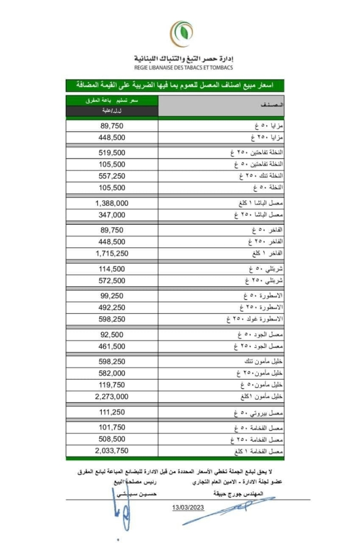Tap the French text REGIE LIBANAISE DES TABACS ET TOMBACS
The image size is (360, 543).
[183, 68]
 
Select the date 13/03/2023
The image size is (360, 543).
[188, 507]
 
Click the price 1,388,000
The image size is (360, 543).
[112, 204]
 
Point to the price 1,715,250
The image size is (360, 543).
[112, 253]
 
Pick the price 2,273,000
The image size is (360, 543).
[112, 396]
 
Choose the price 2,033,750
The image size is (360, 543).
[112, 451]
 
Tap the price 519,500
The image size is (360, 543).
[112, 153]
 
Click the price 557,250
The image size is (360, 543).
[112, 176]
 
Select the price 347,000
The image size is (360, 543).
[112, 215]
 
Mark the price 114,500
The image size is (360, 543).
[112, 269]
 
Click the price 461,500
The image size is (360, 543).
[112, 346]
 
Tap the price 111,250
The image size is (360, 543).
[112, 411]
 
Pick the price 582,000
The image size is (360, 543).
[112, 373]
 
